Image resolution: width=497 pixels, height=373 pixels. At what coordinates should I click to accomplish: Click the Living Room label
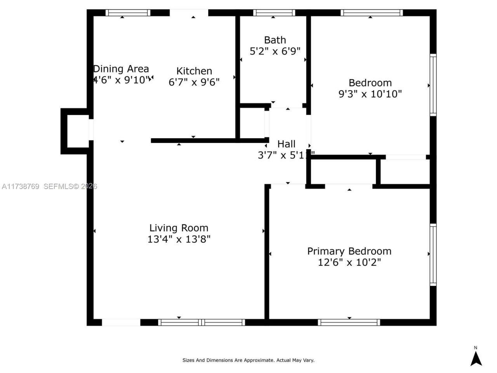click(x=179, y=228)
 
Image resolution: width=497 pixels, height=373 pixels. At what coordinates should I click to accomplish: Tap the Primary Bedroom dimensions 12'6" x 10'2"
click(x=349, y=262)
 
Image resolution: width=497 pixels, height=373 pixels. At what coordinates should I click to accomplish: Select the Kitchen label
click(x=194, y=71)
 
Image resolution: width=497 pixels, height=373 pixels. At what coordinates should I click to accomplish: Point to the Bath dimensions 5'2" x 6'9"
click(x=275, y=51)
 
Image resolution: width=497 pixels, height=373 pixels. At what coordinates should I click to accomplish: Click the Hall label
click(x=286, y=144)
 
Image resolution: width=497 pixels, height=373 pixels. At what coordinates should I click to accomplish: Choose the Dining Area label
click(x=121, y=69)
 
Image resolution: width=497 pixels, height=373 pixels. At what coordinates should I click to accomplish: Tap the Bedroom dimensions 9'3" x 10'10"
click(x=370, y=94)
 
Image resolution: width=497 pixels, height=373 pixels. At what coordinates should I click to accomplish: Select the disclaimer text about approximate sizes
click(x=248, y=360)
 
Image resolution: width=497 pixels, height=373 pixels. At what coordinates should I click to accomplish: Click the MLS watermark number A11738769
click(x=20, y=186)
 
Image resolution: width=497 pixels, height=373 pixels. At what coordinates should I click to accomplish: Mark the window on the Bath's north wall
click(x=274, y=13)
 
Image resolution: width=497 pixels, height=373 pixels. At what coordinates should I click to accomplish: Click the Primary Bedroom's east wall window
click(x=433, y=254)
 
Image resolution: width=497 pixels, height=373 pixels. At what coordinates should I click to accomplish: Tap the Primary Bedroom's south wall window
click(x=349, y=322)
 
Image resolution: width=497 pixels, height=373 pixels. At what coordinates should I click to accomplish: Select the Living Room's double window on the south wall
click(x=202, y=322)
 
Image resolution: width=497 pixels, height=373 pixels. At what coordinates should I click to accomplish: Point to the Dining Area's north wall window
click(x=128, y=13)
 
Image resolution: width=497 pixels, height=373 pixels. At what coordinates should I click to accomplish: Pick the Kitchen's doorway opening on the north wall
click(x=189, y=13)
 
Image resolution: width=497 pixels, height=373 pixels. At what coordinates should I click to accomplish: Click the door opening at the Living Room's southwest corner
click(x=121, y=322)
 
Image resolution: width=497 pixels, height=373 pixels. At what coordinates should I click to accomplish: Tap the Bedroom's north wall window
click(x=372, y=13)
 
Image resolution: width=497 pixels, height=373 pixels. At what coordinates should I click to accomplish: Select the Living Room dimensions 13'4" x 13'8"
click(x=179, y=239)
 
